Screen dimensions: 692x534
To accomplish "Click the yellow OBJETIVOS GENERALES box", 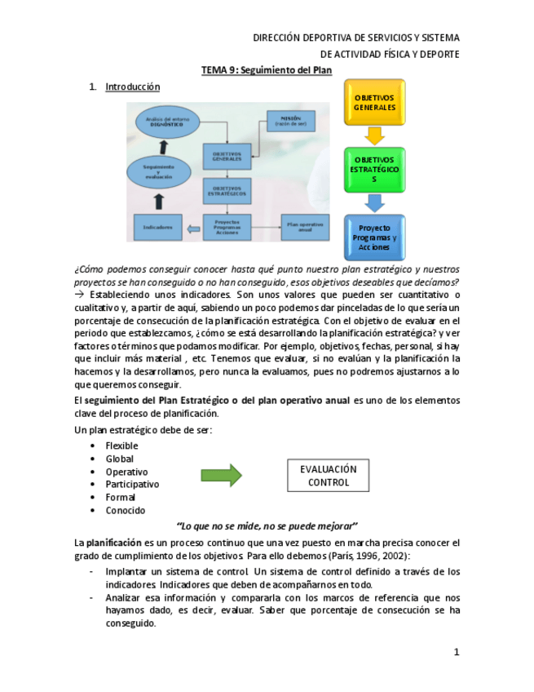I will [x=374, y=103].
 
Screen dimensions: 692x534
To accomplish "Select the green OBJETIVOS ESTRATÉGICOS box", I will [x=374, y=170].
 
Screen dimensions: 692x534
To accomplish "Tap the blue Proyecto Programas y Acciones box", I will [x=374, y=237].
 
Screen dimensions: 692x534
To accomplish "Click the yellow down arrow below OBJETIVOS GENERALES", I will [x=374, y=135].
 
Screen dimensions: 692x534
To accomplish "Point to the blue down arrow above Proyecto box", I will [x=374, y=202].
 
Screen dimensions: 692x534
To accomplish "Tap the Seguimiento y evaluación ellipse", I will [x=160, y=173].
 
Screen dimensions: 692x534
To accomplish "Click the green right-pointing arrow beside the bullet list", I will [x=221, y=475].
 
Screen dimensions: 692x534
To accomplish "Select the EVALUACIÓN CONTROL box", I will [x=328, y=476].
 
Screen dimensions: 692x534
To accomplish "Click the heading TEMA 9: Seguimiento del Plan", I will [x=267, y=71].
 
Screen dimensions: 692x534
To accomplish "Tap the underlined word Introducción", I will [x=132, y=86].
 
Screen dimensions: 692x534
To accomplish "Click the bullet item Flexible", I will [x=121, y=446].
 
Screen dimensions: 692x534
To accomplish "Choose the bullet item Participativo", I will [x=132, y=484].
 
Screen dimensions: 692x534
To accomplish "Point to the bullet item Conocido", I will [x=125, y=510].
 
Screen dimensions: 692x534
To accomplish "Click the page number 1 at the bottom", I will [x=457, y=652].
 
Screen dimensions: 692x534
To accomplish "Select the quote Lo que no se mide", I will [x=267, y=525].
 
